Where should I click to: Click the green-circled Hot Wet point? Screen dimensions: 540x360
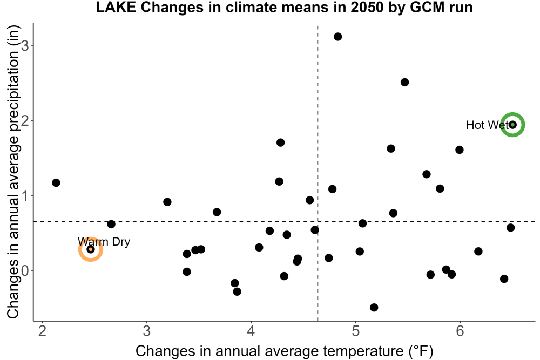513,125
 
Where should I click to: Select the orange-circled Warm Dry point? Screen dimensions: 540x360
91,249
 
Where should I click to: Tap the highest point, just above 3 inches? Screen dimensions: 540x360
338,37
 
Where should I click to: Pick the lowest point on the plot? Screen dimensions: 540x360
374,307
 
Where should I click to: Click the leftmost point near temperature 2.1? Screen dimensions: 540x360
56,183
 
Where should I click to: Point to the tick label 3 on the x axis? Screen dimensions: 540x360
147,331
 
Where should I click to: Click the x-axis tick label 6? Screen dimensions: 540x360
460,331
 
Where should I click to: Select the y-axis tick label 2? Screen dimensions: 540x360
25,120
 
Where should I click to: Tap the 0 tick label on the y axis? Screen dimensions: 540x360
25,270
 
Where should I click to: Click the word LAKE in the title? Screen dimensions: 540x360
116,8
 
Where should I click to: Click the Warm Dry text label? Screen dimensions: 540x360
104,242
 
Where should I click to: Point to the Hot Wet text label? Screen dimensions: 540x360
487,125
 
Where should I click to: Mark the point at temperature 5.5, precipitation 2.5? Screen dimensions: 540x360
404,82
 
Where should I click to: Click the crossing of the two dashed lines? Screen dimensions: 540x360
318,221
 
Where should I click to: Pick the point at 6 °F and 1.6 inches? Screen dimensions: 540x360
460,150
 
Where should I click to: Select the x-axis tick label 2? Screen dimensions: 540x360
42,331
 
